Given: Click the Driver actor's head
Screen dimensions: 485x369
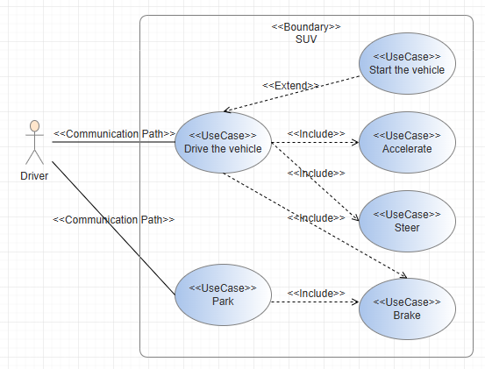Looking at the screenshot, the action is pyautogui.click(x=35, y=127).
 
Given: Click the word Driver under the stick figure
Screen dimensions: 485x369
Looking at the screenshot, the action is pyautogui.click(x=34, y=176).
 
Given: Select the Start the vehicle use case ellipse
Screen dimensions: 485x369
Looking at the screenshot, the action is pyautogui.click(x=407, y=63).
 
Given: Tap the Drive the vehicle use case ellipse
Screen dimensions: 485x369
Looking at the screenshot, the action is pyautogui.click(x=223, y=142).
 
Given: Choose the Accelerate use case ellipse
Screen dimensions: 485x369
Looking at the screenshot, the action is pyautogui.click(x=407, y=142).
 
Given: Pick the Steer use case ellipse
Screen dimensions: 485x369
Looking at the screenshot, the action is pyautogui.click(x=407, y=221).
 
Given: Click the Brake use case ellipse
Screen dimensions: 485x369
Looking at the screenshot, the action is pyautogui.click(x=407, y=309).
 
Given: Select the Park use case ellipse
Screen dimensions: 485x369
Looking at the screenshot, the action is pyautogui.click(x=223, y=294).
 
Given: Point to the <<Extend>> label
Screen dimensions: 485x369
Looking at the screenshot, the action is pyautogui.click(x=290, y=86).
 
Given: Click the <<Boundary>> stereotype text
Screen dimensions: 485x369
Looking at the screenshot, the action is pyautogui.click(x=306, y=27).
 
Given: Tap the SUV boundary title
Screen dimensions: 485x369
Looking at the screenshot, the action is pyautogui.click(x=306, y=39).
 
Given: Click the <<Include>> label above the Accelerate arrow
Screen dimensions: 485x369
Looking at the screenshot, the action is pyautogui.click(x=316, y=134).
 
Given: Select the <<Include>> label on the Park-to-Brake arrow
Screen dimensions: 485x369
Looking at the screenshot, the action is pyautogui.click(x=316, y=294).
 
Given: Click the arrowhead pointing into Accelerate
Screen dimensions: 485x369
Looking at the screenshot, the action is pyautogui.click(x=356, y=143).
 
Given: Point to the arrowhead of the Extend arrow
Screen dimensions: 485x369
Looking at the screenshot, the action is pyautogui.click(x=227, y=110).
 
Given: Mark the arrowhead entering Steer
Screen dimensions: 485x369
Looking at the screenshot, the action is pyautogui.click(x=356, y=218).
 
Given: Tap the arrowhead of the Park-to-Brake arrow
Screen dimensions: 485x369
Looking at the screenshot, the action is pyautogui.click(x=356, y=302).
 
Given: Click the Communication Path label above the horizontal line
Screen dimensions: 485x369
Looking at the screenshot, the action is pyautogui.click(x=114, y=134).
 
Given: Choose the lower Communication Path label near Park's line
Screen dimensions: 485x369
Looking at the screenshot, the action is pyautogui.click(x=114, y=220).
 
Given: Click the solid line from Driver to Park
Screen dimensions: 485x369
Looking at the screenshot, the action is pyautogui.click(x=113, y=228).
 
